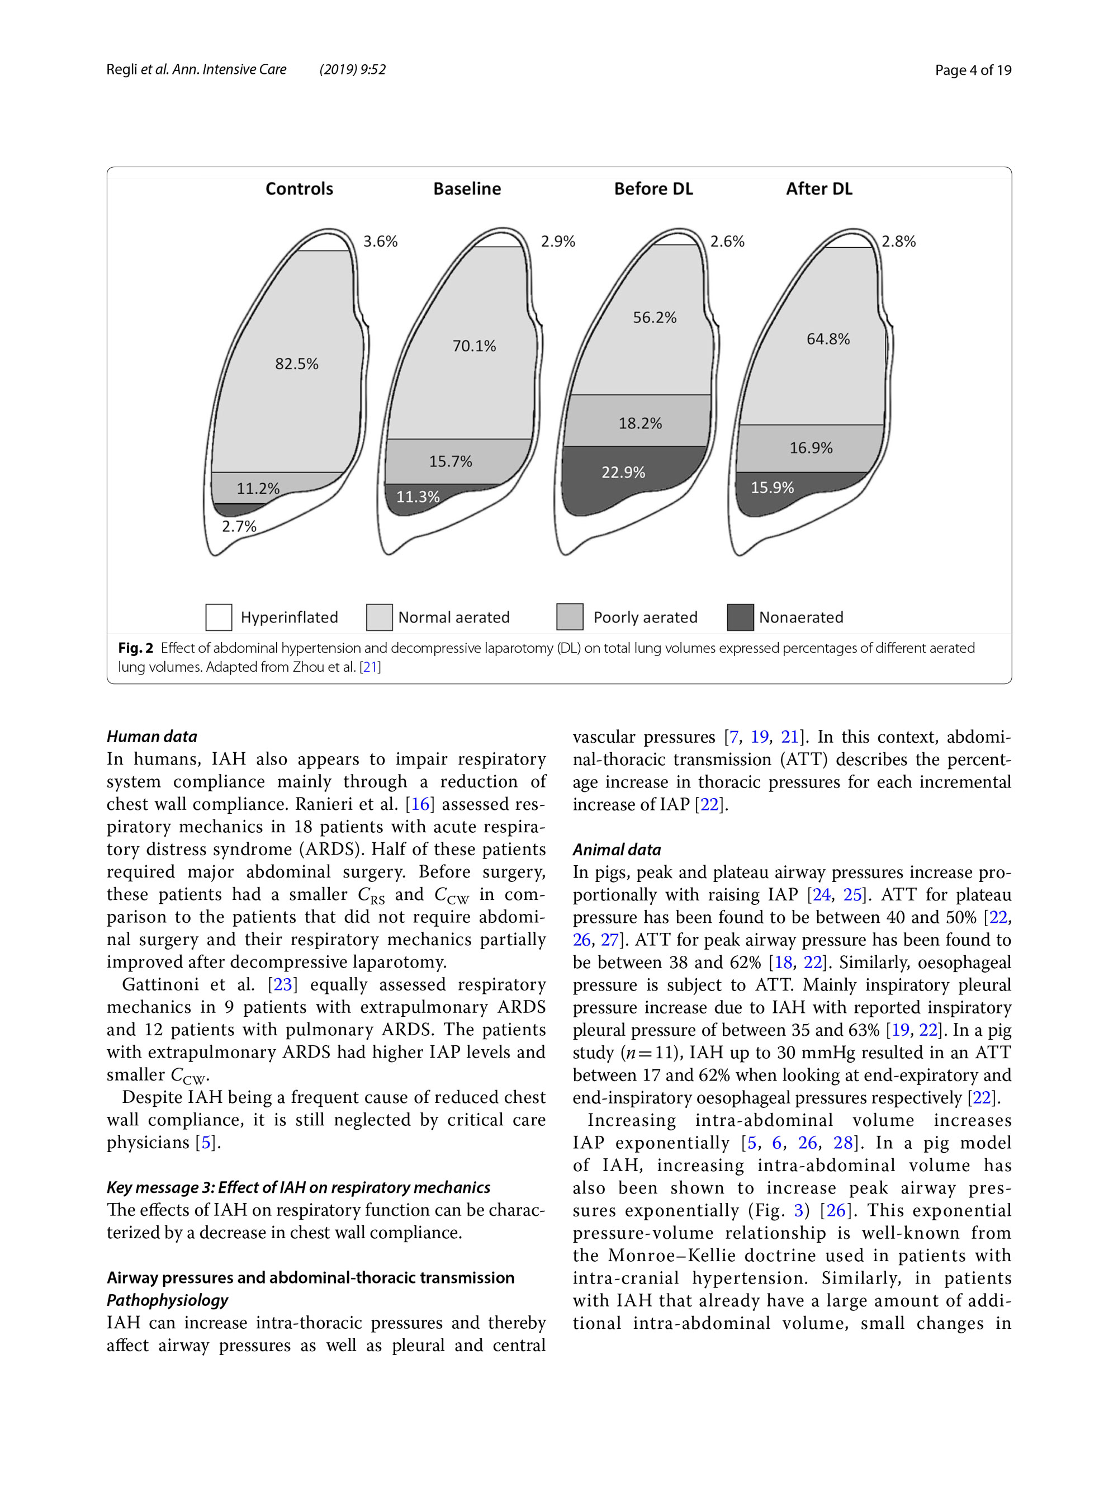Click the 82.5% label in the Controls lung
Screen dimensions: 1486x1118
[297, 364]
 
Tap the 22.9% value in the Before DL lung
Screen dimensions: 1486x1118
[623, 472]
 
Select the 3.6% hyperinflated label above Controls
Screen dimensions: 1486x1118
[381, 241]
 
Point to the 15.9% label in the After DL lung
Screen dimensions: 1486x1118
[772, 488]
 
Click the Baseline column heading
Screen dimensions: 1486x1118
[467, 189]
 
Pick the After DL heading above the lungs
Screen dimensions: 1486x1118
[819, 189]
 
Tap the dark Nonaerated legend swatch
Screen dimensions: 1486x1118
[740, 617]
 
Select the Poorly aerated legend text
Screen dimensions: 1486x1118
[645, 617]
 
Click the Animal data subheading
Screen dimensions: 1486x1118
[617, 850]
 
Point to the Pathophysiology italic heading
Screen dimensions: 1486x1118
[167, 1300]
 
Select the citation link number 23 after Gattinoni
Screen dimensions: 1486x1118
[283, 985]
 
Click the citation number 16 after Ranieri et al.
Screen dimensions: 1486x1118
[420, 804]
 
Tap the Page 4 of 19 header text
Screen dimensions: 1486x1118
[973, 70]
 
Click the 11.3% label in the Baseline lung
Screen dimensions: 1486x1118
[418, 497]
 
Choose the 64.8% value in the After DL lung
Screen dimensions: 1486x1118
[828, 339]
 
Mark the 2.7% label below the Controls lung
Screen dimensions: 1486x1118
[239, 527]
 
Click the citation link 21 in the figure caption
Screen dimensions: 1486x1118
[370, 667]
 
